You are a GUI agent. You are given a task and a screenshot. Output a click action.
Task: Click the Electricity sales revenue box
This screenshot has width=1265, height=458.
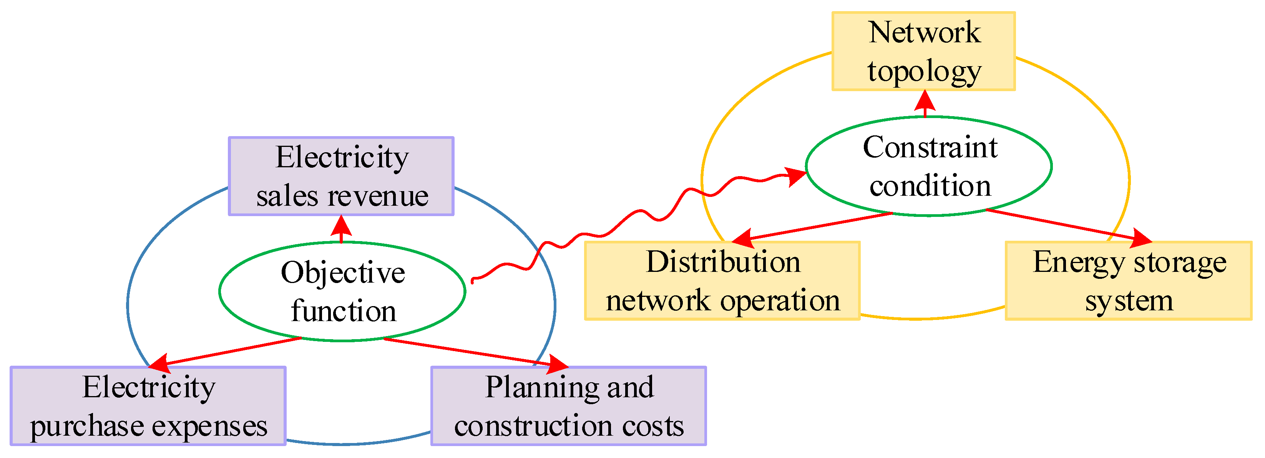[341, 176]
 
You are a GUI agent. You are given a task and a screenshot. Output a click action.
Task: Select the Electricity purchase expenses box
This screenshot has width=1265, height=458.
[148, 406]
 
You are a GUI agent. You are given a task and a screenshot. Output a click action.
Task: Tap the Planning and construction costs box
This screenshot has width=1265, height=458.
[568, 406]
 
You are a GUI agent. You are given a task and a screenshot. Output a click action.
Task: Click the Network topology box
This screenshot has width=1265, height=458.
[923, 51]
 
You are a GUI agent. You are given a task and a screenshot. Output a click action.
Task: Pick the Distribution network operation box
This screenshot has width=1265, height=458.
[722, 281]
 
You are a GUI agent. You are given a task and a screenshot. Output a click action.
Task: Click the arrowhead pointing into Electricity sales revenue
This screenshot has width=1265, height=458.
[341, 226]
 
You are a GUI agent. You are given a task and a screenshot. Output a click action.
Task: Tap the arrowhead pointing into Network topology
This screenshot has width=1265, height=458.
[925, 100]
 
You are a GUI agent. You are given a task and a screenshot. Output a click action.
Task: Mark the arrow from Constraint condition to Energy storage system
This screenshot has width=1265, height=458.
[1066, 226]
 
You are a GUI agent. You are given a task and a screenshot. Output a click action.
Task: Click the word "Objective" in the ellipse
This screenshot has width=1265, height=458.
[343, 273]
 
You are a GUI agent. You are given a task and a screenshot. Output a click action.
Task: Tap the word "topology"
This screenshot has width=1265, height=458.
[924, 71]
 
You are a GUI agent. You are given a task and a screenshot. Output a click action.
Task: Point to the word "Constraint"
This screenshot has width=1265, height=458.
[930, 147]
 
